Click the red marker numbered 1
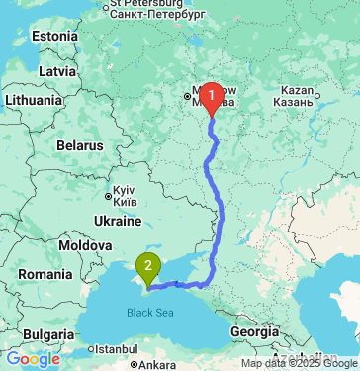point(213,96)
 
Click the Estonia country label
point(53,36)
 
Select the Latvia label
point(56,72)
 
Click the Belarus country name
point(79,145)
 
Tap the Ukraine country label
point(117,220)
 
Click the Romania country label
point(45,273)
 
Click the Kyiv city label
point(125,194)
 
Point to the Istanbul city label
point(117,349)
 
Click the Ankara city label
point(156,365)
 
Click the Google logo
point(33,359)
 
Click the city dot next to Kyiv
point(108,194)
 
